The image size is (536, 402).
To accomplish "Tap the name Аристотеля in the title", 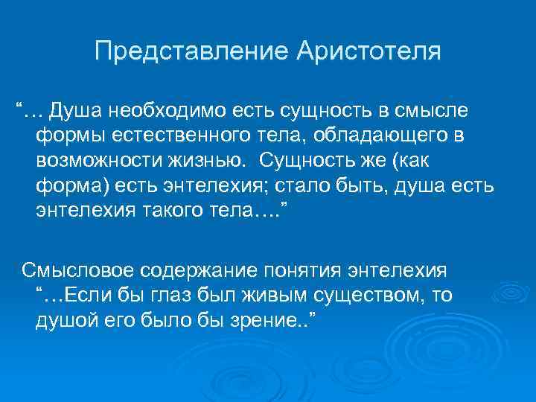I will pos(368,52).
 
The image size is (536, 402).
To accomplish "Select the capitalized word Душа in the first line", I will pos(77,112).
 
